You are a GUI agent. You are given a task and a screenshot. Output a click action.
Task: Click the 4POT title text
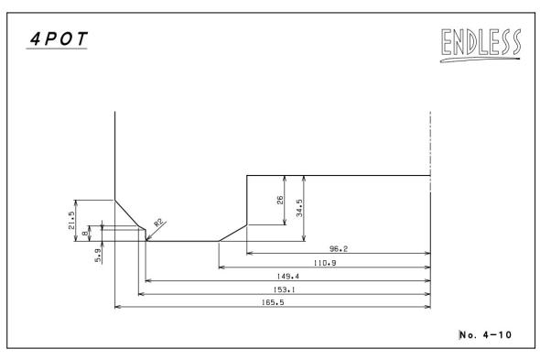point(59,38)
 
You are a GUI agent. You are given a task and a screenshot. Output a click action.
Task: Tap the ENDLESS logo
point(481,45)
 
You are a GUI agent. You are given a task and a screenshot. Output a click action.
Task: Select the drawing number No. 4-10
point(486,334)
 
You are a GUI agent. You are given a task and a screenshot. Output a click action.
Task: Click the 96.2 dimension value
point(339,248)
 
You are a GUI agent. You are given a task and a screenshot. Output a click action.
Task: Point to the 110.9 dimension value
point(325,263)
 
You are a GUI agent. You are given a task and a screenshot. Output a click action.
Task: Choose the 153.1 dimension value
point(284,289)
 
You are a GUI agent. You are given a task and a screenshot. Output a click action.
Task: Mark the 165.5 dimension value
point(273,302)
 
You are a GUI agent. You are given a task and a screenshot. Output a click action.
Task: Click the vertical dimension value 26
point(280,200)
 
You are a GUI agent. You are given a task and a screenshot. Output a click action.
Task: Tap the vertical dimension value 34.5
point(299,208)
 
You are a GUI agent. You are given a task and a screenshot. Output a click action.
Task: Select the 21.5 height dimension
point(71,221)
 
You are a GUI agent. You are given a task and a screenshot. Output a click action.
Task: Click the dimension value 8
point(85,234)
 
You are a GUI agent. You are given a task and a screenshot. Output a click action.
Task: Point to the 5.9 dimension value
point(98,256)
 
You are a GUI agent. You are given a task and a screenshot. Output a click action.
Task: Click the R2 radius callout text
point(158,223)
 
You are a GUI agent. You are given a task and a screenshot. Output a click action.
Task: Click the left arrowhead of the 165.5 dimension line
point(117,307)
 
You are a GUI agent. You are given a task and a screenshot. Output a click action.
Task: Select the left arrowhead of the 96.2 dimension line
point(250,253)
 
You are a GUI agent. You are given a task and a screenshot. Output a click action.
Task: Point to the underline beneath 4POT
point(57,49)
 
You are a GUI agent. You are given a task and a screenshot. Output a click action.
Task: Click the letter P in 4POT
point(50,38)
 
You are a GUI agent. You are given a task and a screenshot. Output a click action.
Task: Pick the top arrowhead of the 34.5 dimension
point(304,179)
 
